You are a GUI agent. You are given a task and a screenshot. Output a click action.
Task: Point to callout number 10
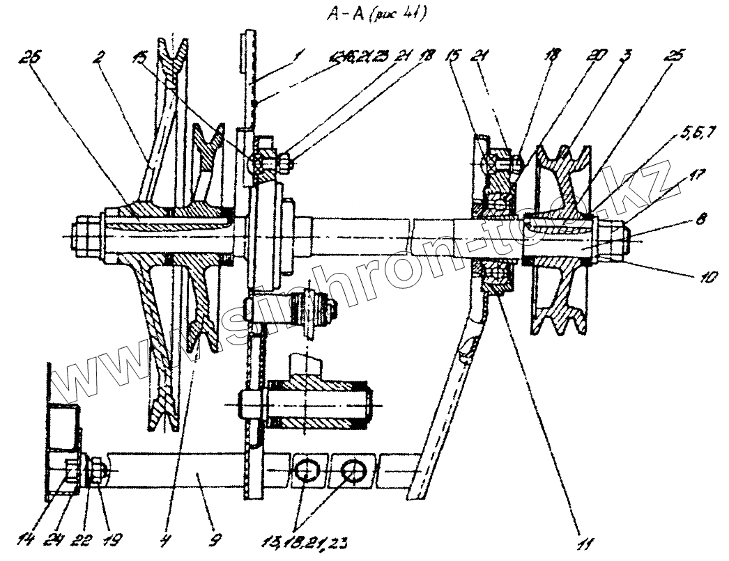(708, 276)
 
